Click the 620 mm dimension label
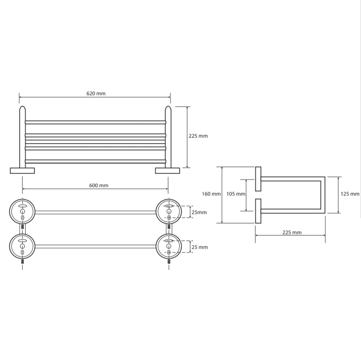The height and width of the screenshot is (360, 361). (96, 94)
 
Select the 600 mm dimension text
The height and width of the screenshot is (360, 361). (99, 185)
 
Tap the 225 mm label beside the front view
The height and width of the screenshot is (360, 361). (198, 136)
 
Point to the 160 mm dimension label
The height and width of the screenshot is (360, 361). (211, 194)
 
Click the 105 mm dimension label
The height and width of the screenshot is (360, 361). (236, 194)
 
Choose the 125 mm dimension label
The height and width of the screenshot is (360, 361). (350, 194)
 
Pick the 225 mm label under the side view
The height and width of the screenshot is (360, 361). (292, 232)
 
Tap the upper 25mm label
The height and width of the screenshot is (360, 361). (199, 212)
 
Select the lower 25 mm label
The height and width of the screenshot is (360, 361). (200, 247)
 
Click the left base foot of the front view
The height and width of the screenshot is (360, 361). (22, 171)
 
